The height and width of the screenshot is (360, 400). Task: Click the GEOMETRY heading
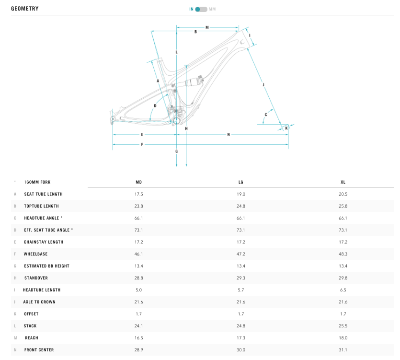tap(25, 9)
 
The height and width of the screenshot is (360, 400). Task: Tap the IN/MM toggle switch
tap(201, 9)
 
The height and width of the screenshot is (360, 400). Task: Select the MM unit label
tap(212, 9)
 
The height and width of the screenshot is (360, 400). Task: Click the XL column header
tap(343, 182)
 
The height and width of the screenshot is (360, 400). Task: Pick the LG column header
tap(241, 182)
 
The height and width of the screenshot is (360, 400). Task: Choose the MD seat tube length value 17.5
tap(139, 194)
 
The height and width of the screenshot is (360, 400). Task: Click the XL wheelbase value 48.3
tap(343, 254)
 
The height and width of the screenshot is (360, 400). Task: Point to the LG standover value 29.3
tap(241, 278)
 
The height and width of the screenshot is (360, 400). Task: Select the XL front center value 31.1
tap(343, 350)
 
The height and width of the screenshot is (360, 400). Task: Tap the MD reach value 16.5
tap(139, 338)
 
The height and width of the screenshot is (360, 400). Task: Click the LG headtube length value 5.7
tap(241, 290)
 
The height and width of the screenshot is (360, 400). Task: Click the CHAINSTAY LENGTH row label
tap(44, 242)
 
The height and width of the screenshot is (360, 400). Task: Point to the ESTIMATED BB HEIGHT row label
tap(46, 266)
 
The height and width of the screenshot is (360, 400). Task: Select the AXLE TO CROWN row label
tap(39, 302)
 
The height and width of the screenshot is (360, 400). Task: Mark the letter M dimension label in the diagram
tap(207, 27)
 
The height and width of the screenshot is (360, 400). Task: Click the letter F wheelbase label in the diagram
tap(142, 144)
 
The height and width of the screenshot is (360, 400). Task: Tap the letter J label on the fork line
tap(263, 84)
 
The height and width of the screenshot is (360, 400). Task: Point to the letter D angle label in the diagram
tap(155, 106)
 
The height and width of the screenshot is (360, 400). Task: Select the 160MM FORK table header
tap(37, 182)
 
